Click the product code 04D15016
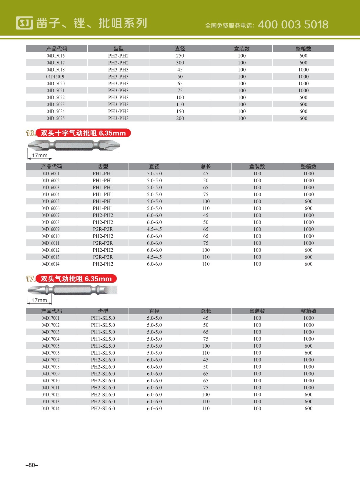[x=56, y=56]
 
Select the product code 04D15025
[x=56, y=119]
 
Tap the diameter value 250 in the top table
[x=180, y=56]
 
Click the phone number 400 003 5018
[x=293, y=24]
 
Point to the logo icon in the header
[x=24, y=23]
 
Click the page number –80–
[x=32, y=465]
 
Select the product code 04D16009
[x=51, y=229]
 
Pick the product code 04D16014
[x=51, y=264]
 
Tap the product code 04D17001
[x=51, y=318]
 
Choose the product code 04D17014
[x=51, y=409]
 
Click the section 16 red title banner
[x=83, y=133]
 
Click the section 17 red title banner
[x=76, y=279]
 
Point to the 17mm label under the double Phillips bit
[x=40, y=156]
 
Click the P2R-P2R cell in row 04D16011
[x=103, y=243]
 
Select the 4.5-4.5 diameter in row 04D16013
[x=154, y=257]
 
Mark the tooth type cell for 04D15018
[x=118, y=70]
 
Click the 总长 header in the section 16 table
[x=206, y=166]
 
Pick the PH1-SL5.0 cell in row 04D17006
[x=103, y=353]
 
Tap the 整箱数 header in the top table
[x=303, y=49]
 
